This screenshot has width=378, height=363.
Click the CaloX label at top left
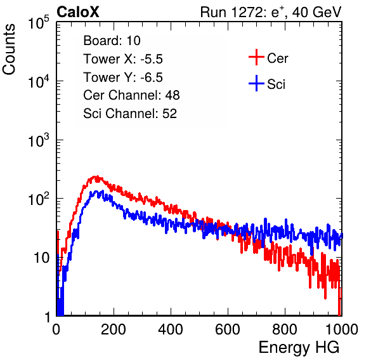coord(78,12)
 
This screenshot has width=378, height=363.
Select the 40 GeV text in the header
coord(317,12)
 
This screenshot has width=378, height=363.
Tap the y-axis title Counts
coord(9,49)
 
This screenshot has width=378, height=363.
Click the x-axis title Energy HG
coord(299,348)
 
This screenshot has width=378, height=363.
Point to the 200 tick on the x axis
coord(114,329)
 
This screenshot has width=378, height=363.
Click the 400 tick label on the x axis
coord(171,329)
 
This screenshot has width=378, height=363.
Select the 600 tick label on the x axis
coord(228,329)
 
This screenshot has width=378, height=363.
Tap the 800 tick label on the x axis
coord(285,329)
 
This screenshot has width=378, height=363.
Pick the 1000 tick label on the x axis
coord(342,329)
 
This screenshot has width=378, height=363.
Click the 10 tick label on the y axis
coord(41,258)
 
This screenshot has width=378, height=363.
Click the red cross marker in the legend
coord(256,57)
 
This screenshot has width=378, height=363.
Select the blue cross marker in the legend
coord(256,83)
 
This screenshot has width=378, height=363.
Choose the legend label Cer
coord(278,58)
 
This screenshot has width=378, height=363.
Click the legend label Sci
coord(277,84)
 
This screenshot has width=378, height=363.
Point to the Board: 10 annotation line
coord(112,41)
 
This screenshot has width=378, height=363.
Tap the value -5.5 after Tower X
coord(152,59)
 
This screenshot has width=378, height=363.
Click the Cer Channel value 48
coord(173,95)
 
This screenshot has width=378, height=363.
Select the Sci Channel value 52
coord(170,114)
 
